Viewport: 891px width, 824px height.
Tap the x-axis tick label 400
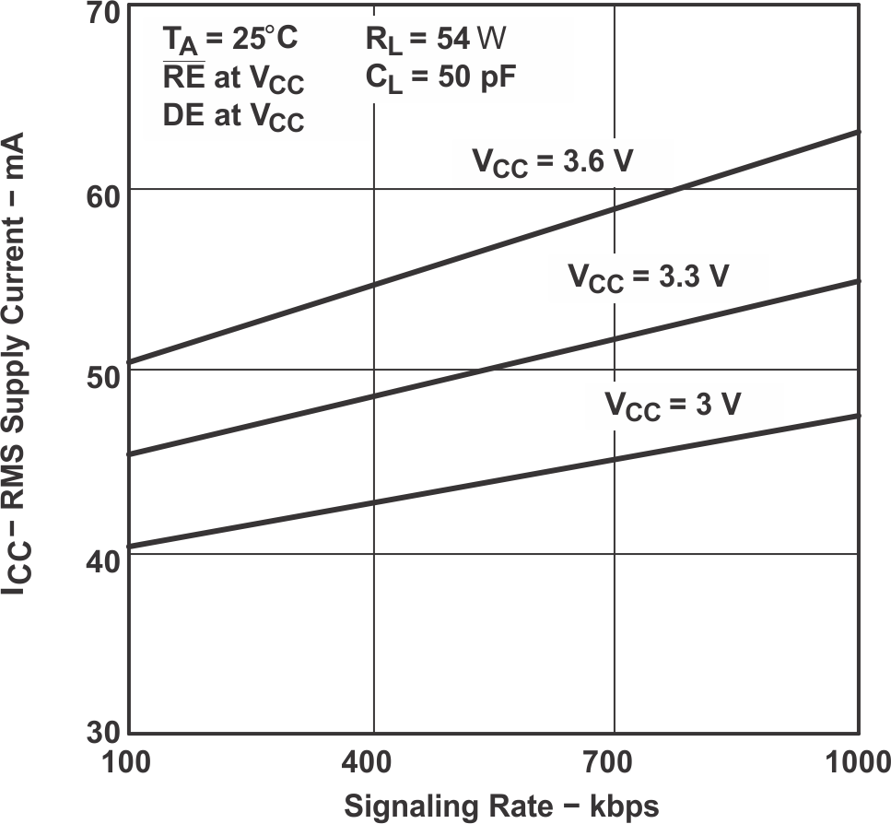click(x=373, y=764)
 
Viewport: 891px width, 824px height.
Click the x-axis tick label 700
click(x=615, y=764)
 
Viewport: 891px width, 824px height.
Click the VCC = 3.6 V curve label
click(x=553, y=163)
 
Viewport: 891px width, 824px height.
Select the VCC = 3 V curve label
click(x=673, y=406)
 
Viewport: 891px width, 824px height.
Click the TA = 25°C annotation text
click(x=230, y=41)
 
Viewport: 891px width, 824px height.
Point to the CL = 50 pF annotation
click(x=440, y=79)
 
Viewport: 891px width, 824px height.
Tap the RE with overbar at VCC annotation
click(x=233, y=80)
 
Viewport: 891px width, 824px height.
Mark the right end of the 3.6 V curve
click(x=858, y=132)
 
